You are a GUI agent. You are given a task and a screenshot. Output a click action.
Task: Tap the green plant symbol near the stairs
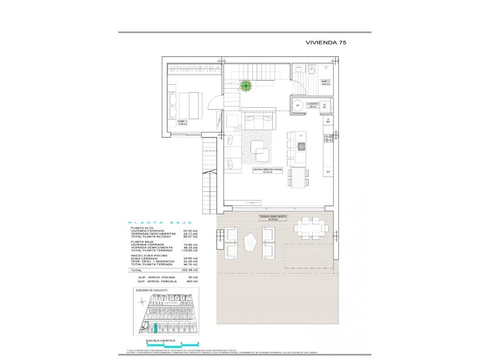click(x=246, y=86)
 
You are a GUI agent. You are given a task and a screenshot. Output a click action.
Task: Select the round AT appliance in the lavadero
click(x=298, y=105)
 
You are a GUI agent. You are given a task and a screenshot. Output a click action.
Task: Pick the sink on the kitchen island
click(x=301, y=147)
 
